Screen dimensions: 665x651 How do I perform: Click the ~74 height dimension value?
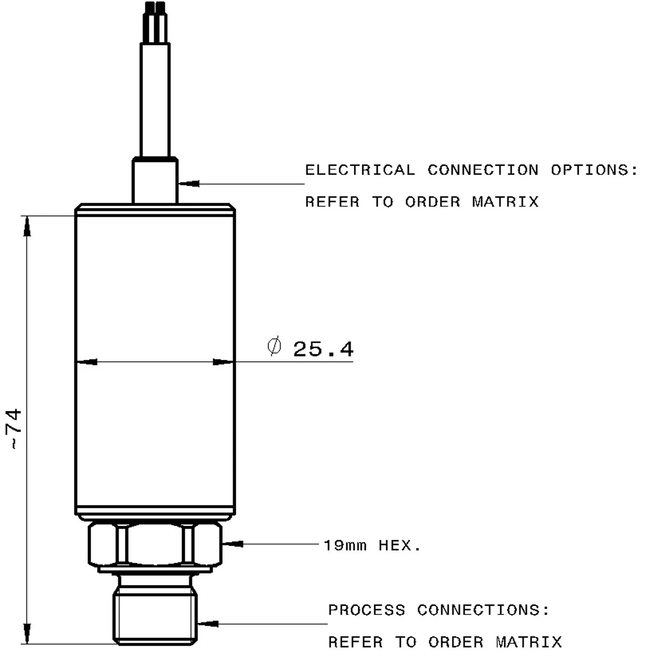[x=15, y=429]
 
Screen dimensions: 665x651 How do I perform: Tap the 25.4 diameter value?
[x=323, y=349]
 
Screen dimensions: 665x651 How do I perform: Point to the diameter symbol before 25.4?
[x=274, y=346]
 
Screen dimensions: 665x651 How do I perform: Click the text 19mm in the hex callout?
[x=345, y=546]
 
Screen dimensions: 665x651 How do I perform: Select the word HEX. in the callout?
[x=399, y=546]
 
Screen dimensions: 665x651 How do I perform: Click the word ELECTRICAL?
[x=360, y=170]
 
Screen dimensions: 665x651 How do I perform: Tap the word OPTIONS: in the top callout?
[x=594, y=170]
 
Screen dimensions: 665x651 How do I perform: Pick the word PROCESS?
[x=366, y=610]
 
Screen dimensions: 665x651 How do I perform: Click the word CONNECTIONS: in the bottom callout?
[x=483, y=610]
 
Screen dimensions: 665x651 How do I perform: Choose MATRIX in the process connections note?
[x=529, y=642]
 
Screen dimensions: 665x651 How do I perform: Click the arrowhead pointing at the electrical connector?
[x=189, y=184]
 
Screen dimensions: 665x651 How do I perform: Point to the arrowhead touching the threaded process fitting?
[x=207, y=623]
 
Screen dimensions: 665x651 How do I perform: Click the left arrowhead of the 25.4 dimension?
[x=87, y=362]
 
